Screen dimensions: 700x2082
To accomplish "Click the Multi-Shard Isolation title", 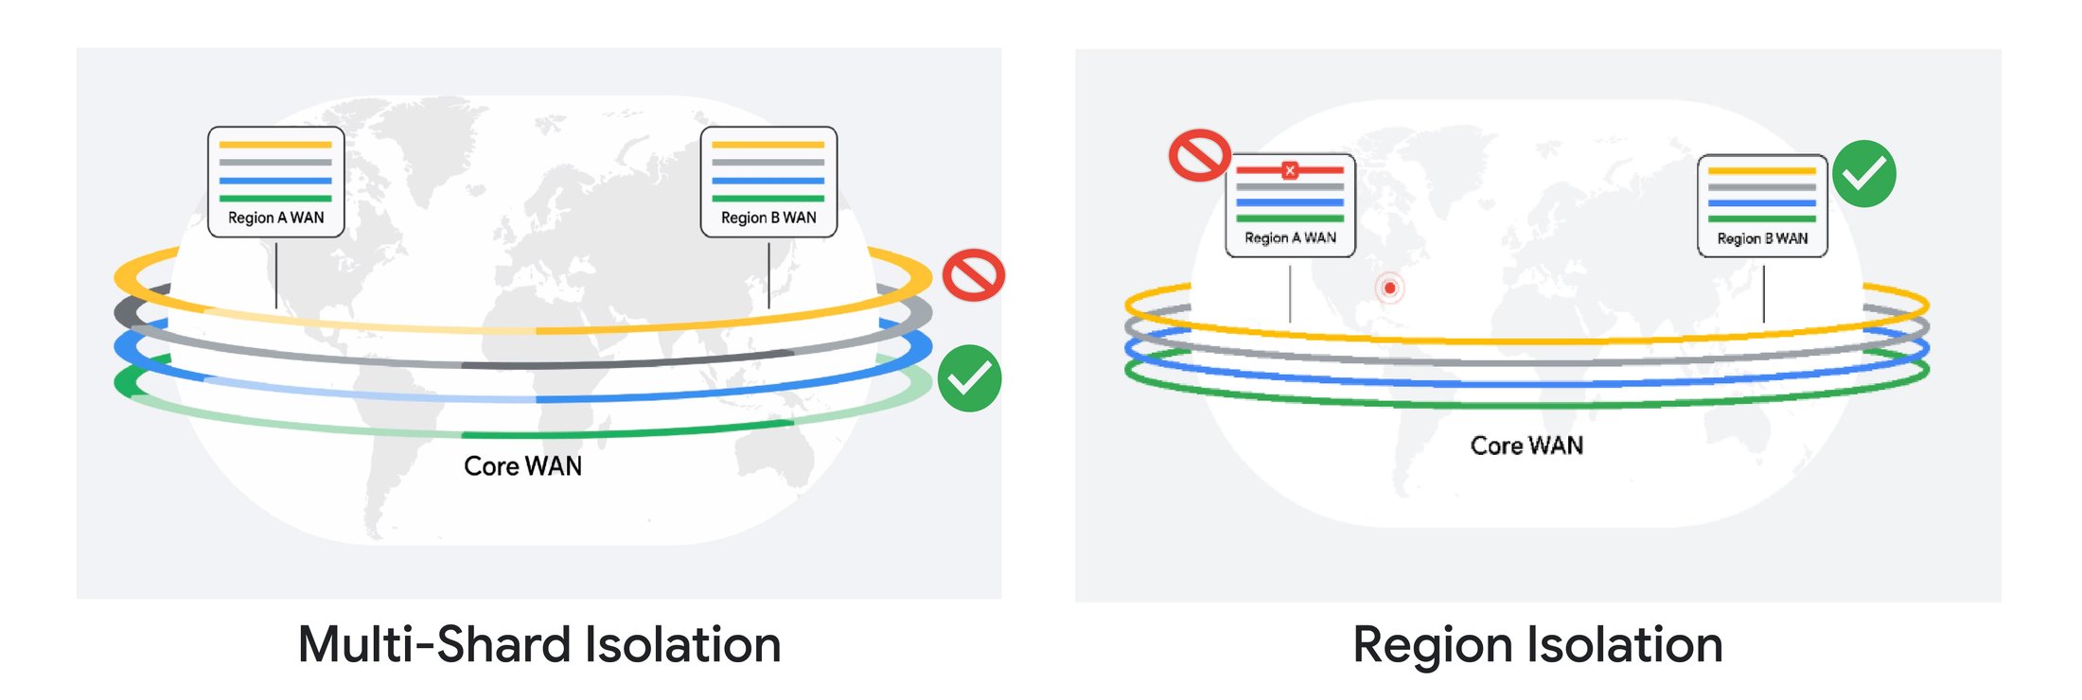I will (x=539, y=645).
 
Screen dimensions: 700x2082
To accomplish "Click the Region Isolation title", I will (x=1538, y=645).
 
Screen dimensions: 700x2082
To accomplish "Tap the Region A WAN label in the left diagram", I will (x=275, y=218).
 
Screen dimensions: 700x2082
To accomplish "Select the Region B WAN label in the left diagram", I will (x=768, y=218).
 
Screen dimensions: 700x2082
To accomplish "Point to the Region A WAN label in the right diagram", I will (x=1290, y=237).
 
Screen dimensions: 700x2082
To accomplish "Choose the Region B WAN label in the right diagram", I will (x=1762, y=238).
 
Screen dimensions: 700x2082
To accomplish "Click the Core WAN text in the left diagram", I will (x=522, y=466).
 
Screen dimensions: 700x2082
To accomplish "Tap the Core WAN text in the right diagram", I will (x=1526, y=446).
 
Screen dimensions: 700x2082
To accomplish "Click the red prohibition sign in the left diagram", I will (x=973, y=275).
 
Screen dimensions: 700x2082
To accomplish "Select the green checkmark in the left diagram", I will (x=970, y=378).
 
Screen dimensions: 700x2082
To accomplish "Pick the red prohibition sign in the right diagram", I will (x=1199, y=155).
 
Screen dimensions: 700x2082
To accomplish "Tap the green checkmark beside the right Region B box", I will (x=1864, y=174).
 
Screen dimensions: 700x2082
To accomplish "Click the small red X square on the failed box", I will (x=1290, y=170).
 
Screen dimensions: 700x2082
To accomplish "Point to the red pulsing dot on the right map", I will (x=1389, y=288).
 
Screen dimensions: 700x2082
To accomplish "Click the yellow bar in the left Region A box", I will (x=275, y=145).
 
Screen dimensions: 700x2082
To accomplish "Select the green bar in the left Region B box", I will (x=768, y=199).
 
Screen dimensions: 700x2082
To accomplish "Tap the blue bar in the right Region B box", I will (x=1762, y=202).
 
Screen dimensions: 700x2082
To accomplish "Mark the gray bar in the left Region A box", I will (x=275, y=163).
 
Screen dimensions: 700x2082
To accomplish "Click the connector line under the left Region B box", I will (x=768, y=274).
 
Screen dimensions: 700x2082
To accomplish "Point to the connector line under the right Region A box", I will (x=1290, y=293).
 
